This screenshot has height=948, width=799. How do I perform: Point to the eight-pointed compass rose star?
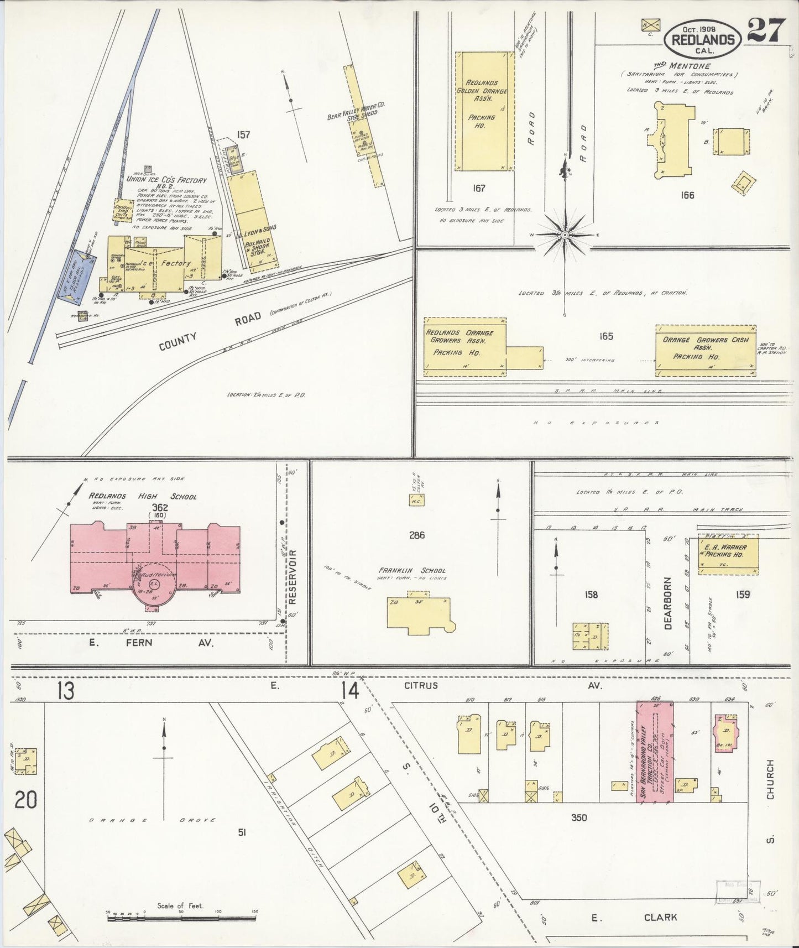pos(565,236)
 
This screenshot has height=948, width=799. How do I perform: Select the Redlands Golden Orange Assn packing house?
pos(481,111)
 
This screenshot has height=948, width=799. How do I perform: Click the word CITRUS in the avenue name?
pos(421,686)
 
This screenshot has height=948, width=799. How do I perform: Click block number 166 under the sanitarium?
pos(688,195)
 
